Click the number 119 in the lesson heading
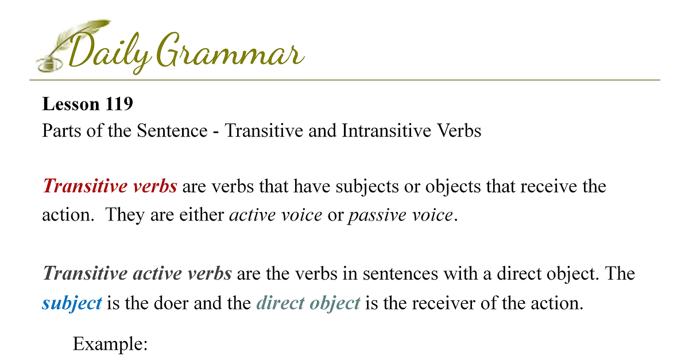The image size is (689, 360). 119,104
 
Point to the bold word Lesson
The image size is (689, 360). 71,104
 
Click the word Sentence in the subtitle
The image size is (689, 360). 172,130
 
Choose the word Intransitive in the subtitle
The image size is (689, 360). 386,130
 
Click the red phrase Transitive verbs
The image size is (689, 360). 110,186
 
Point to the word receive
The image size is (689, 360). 548,187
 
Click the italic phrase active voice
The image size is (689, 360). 276,215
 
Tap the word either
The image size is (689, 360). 202,215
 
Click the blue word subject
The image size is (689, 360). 72,303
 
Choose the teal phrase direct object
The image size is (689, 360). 308,303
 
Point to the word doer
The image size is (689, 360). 171,303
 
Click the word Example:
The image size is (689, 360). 110,344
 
